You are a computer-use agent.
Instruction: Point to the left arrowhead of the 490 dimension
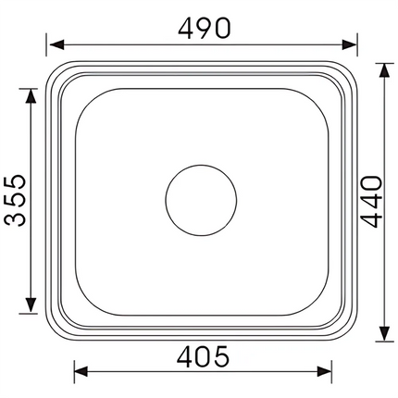tap(54, 44)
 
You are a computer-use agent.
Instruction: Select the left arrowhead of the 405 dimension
tap(79, 372)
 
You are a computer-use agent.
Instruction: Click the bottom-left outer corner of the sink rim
tap(50, 328)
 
